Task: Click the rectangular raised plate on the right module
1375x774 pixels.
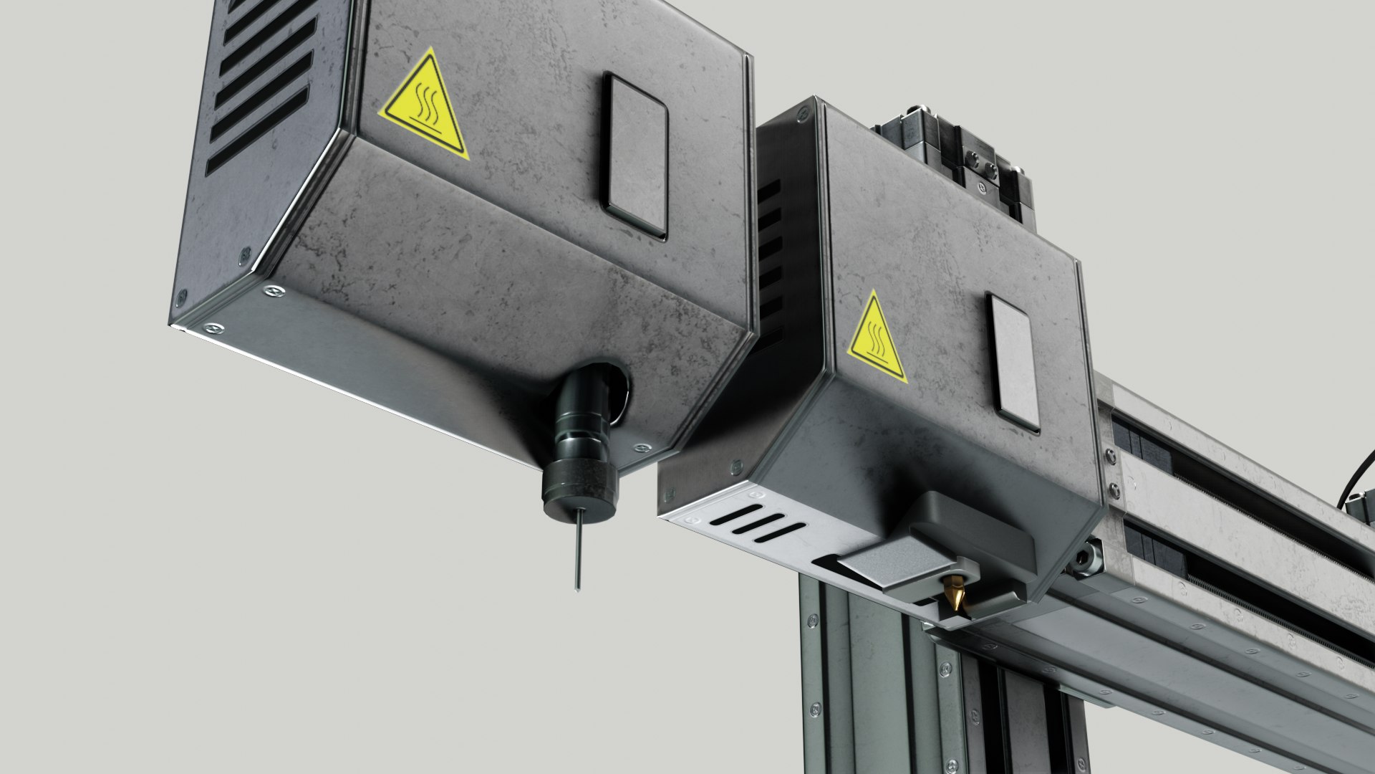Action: [x=1013, y=361]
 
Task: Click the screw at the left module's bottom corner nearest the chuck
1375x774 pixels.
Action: [x=640, y=448]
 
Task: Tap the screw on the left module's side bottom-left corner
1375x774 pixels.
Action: [x=182, y=295]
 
